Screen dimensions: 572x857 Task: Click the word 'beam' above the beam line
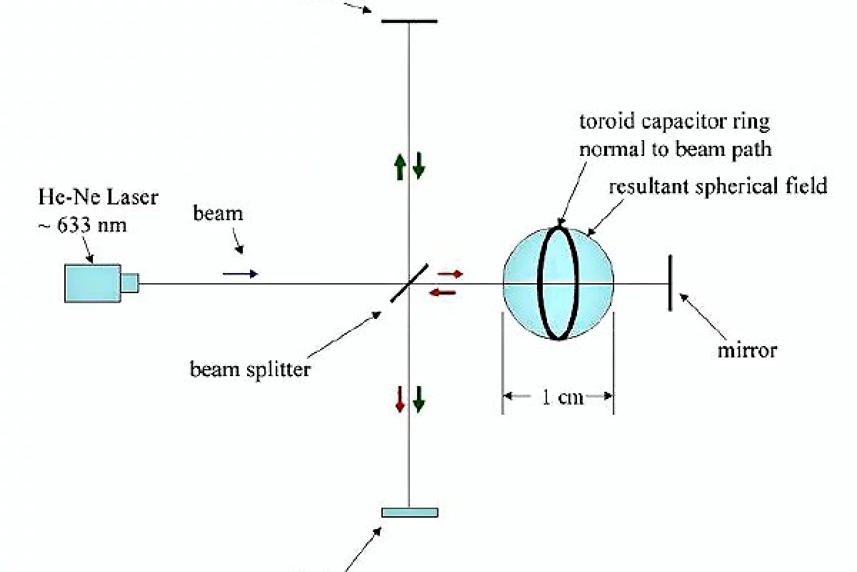[218, 213]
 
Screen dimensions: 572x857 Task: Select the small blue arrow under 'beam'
[240, 274]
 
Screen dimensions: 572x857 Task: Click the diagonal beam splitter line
[409, 283]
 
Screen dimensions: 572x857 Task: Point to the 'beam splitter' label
[250, 370]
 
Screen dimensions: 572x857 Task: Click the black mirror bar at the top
[409, 21]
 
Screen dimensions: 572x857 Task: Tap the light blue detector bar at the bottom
[409, 512]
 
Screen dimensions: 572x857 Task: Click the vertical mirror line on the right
[670, 283]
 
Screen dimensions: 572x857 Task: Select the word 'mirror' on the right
[747, 350]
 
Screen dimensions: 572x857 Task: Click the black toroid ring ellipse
[541, 282]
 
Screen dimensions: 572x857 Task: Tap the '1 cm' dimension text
[558, 398]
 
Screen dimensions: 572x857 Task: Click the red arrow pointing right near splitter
[451, 274]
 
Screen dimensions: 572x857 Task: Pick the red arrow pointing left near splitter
[442, 291]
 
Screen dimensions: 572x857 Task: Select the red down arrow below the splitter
[400, 398]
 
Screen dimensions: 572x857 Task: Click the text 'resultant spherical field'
[718, 187]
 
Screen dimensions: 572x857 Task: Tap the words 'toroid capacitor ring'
[674, 122]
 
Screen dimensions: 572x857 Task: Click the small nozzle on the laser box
[129, 283]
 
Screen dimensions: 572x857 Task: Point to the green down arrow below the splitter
[419, 398]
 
